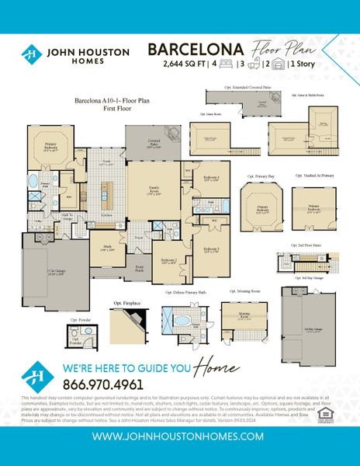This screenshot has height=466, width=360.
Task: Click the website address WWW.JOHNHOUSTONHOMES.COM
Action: (180, 436)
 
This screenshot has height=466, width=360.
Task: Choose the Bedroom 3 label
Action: (209, 249)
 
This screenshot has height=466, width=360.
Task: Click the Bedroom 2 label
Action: (170, 261)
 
